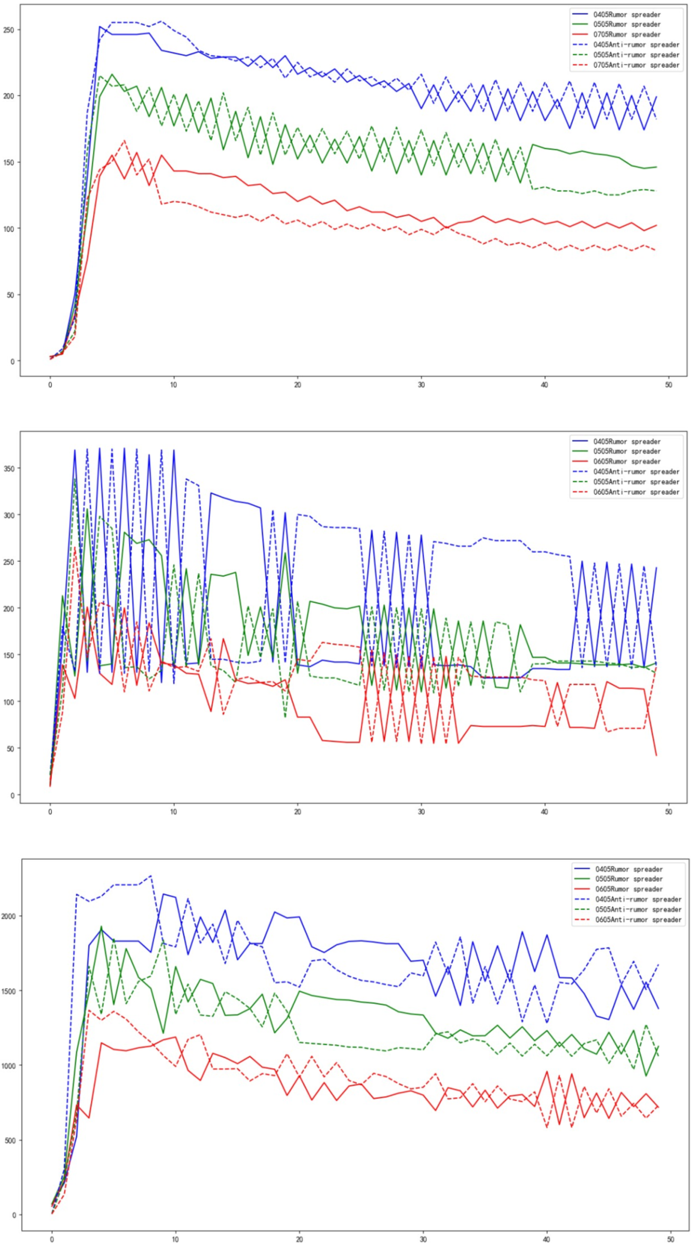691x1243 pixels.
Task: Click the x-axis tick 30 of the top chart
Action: [421, 385]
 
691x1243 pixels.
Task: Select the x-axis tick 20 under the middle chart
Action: [298, 812]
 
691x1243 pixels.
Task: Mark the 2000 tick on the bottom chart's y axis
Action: [9, 916]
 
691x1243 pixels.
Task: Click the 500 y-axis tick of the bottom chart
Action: [11, 1140]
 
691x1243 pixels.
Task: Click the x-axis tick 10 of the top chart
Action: [174, 385]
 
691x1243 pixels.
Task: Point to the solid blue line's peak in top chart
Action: [100, 26]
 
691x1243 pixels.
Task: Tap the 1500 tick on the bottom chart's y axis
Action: [9, 991]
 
